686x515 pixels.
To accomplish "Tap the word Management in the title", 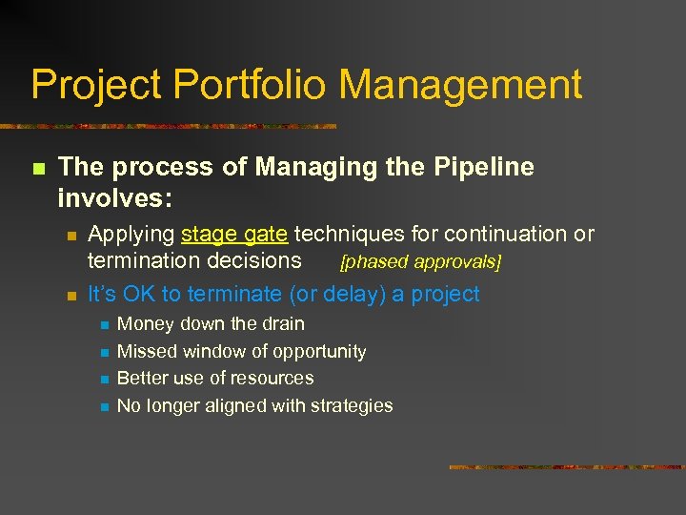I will click(x=460, y=86).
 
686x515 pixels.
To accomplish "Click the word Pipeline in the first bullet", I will click(x=486, y=168).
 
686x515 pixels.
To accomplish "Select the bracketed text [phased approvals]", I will click(x=420, y=261).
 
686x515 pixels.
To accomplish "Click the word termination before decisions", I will click(x=145, y=260).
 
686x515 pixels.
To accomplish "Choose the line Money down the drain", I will click(x=211, y=324).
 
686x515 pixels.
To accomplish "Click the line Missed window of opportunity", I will click(x=241, y=352).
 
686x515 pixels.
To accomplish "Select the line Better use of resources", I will click(x=215, y=379).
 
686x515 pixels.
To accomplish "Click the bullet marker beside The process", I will click(x=38, y=170).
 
